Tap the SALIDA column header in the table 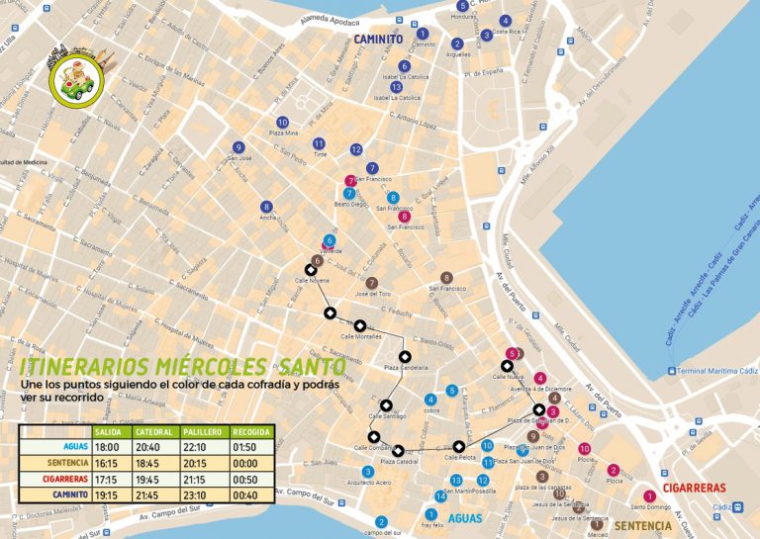112,432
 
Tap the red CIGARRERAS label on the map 694,488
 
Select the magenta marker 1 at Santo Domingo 649,496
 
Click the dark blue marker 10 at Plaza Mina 283,123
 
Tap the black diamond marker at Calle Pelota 459,445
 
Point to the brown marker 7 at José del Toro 372,283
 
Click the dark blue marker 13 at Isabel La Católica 397,87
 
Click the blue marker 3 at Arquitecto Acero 368,472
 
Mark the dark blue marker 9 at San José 238,147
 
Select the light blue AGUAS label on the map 463,517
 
